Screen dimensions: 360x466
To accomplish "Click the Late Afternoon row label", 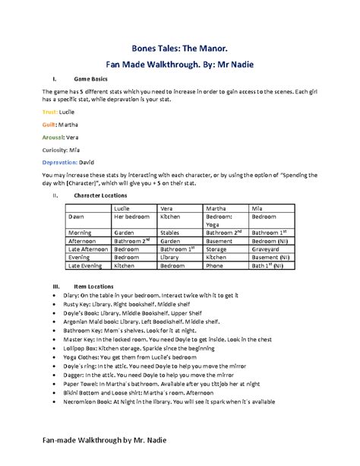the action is point(87,249).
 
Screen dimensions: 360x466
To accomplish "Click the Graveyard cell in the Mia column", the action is point(267,249).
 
